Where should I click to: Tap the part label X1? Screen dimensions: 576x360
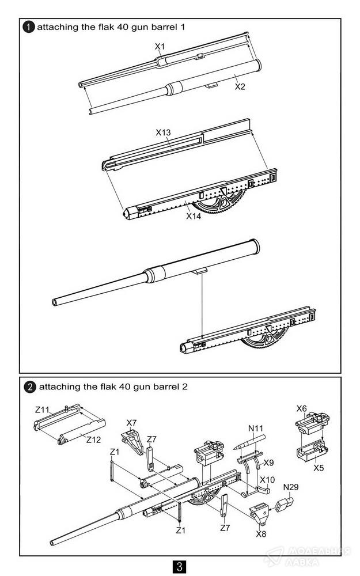click(x=160, y=46)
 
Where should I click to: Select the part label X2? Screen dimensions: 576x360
click(x=240, y=86)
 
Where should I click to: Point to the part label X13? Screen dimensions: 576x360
click(x=164, y=132)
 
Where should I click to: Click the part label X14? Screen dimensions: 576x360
click(x=194, y=217)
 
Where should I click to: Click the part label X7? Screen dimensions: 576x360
click(x=131, y=423)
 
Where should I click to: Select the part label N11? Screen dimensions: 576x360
click(x=256, y=429)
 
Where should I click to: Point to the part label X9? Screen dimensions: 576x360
click(x=268, y=462)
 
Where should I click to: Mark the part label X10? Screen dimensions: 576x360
click(x=267, y=479)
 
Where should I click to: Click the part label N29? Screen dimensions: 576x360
click(x=291, y=487)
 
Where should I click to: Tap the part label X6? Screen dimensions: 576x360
click(x=301, y=408)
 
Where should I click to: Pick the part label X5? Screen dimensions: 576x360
click(x=319, y=468)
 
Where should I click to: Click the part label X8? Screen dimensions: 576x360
click(x=261, y=533)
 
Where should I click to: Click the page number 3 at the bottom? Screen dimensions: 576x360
click(x=179, y=566)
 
